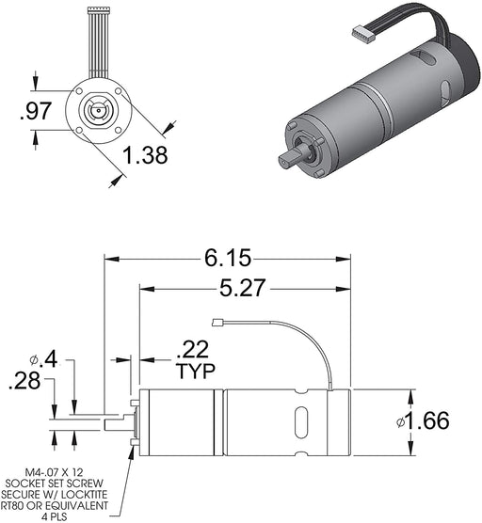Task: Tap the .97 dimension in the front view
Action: coord(36,112)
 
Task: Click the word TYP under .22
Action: coord(195,372)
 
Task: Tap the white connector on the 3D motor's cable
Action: coord(362,34)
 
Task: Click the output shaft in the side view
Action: coord(118,424)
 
